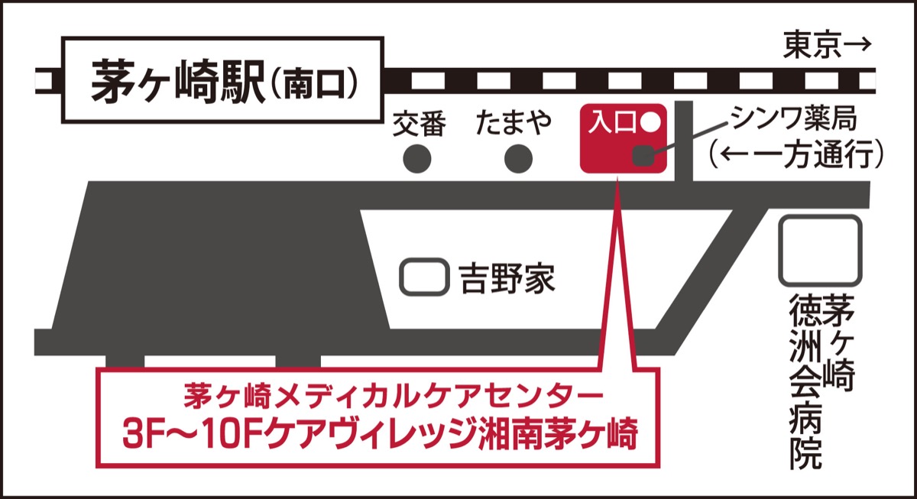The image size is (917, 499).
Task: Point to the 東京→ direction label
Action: click(x=827, y=47)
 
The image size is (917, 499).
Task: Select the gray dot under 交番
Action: click(x=417, y=158)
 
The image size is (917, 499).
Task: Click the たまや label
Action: click(x=514, y=123)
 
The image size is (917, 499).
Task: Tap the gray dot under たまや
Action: click(x=519, y=158)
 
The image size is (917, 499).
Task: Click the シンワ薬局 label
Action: click(x=795, y=118)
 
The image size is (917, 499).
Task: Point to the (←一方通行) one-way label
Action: click(x=795, y=155)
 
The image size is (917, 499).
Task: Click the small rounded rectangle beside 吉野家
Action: click(x=424, y=277)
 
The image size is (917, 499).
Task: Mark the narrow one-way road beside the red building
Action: click(x=685, y=141)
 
